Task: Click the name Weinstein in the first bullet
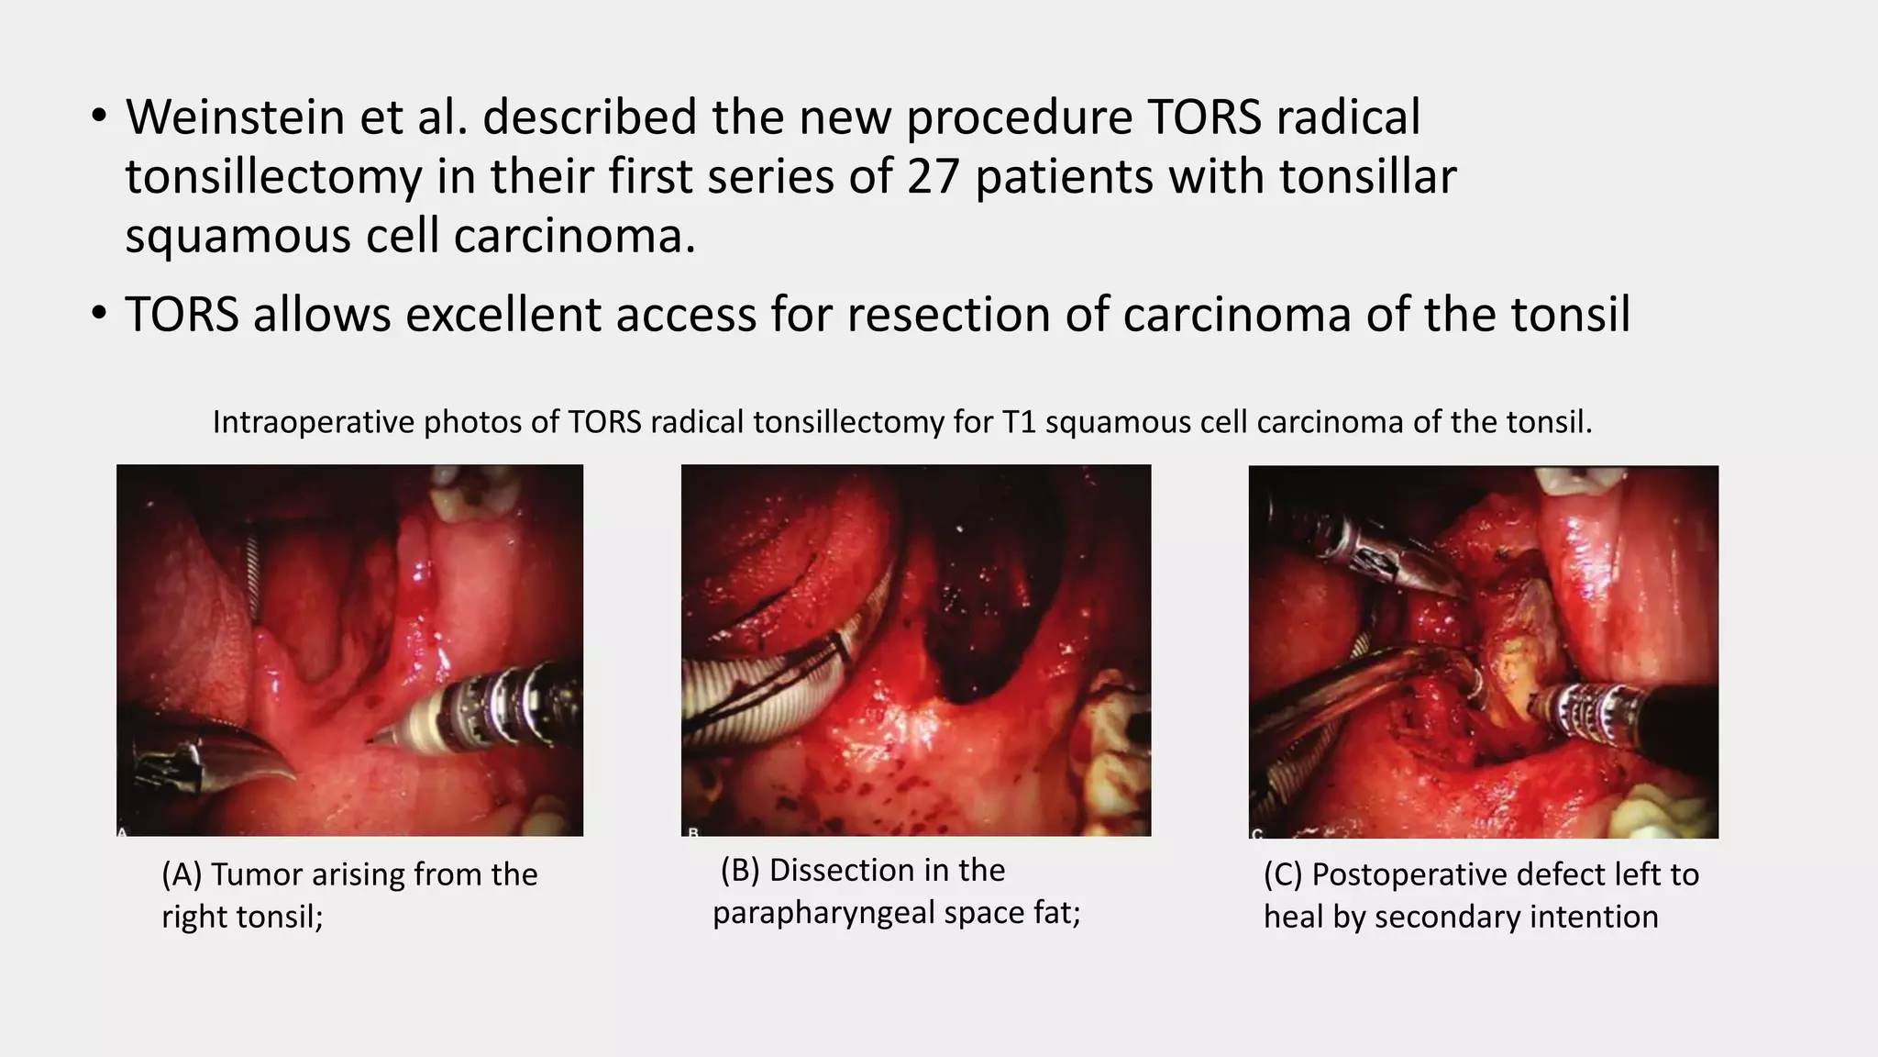click(234, 117)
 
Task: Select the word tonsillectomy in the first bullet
click(273, 176)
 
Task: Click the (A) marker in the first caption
click(182, 874)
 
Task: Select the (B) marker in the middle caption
click(740, 870)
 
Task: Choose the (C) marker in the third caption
click(1283, 874)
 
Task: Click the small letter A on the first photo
click(123, 831)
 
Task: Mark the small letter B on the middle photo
click(693, 832)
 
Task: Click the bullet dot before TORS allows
click(99, 315)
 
